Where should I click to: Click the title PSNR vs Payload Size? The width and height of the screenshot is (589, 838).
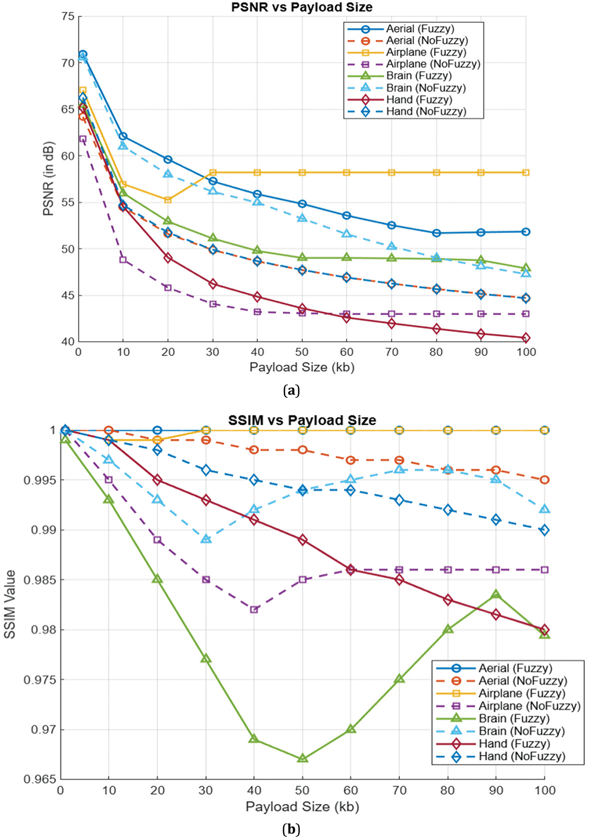[x=301, y=7]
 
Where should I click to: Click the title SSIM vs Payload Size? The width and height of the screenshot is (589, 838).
[x=302, y=420]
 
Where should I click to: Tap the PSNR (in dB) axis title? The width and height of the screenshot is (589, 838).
[x=48, y=179]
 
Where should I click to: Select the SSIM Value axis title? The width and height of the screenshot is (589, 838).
[x=10, y=609]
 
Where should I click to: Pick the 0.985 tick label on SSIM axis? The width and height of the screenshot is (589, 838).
[x=40, y=580]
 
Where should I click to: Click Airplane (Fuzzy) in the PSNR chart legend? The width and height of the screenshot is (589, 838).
[x=426, y=52]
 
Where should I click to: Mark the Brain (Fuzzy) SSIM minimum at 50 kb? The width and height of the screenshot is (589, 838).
[x=302, y=759]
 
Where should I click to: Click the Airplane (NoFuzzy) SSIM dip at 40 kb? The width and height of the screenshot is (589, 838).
[x=254, y=610]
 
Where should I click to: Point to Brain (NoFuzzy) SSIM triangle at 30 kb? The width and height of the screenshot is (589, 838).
[x=206, y=539]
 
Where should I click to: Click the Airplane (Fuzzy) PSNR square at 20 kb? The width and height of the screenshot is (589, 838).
[x=168, y=200]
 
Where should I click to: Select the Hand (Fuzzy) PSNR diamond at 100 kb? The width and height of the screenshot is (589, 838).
[x=526, y=338]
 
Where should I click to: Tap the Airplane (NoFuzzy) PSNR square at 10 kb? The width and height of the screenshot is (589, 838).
[x=123, y=259]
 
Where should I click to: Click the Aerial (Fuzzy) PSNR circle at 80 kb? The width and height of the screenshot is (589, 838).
[x=436, y=233]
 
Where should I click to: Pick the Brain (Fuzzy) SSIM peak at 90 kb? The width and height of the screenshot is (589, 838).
[x=495, y=595]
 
